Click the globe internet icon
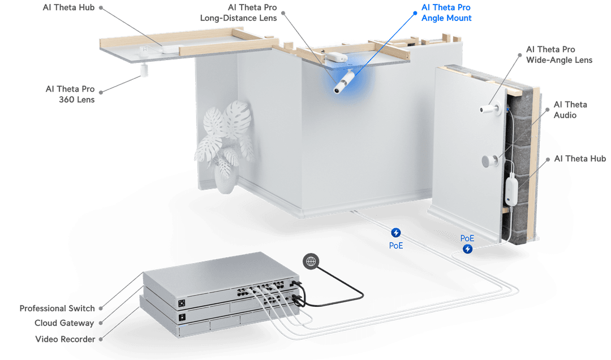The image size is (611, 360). pyautogui.click(x=310, y=260)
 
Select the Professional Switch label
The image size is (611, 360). pyautogui.click(x=57, y=308)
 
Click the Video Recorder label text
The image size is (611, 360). pyautogui.click(x=63, y=338)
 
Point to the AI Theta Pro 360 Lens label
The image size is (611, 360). pyautogui.click(x=70, y=95)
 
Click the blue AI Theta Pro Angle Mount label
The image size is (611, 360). pyautogui.click(x=446, y=13)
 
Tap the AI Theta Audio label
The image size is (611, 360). pyautogui.click(x=570, y=110)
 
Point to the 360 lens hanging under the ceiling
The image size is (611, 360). pyautogui.click(x=144, y=70)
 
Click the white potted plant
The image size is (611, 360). pyautogui.click(x=224, y=144)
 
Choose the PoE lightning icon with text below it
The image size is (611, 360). pyautogui.click(x=396, y=233)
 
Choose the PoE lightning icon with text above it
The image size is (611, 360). pyautogui.click(x=468, y=248)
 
